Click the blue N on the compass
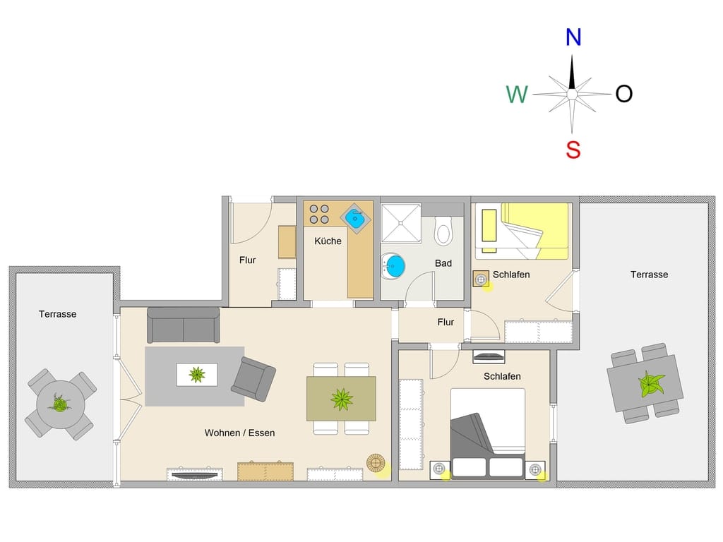coord(573,37)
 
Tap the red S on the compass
coord(573,150)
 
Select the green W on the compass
coord(517,95)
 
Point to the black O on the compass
coord(624,94)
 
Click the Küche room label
coord(328,241)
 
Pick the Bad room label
coord(443,263)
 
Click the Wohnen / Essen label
coord(240,433)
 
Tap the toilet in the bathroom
coord(443,231)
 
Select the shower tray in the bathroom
coord(401,224)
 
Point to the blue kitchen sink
coord(356,218)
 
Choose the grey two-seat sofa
coord(184,325)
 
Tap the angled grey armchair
coord(253,378)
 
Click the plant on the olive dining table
coord(342,399)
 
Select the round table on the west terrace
coord(61,404)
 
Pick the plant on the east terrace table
coord(650,383)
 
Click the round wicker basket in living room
coord(376,463)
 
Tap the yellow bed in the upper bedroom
coord(535,231)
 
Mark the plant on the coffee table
coord(197,374)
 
